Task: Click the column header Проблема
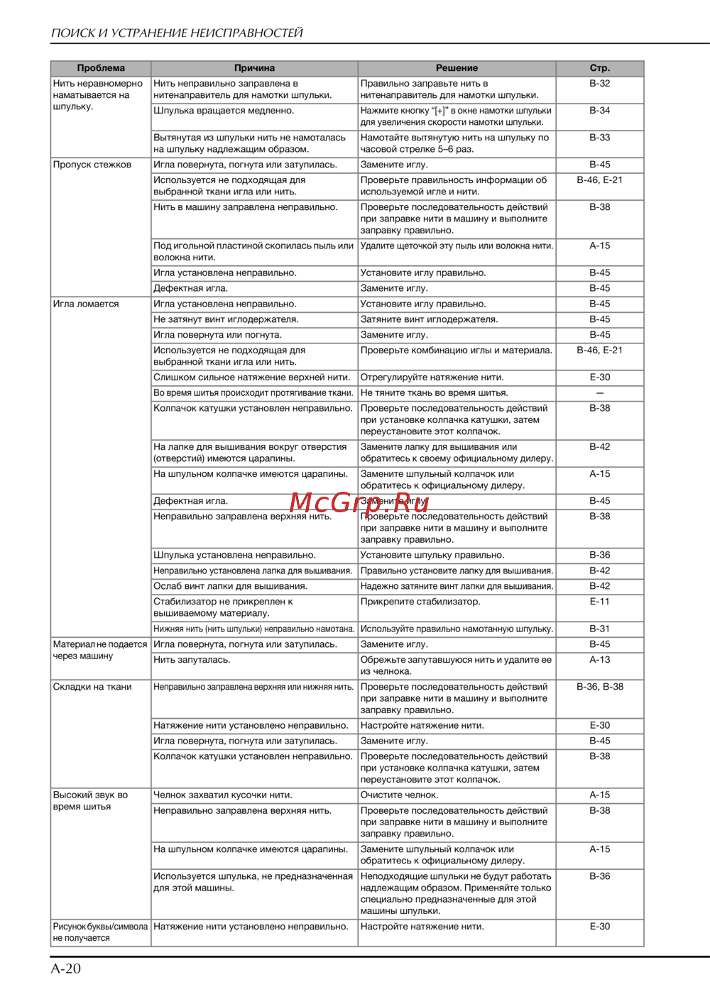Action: click(101, 68)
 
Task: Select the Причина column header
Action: click(254, 68)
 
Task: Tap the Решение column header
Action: click(457, 68)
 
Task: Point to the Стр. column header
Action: click(599, 68)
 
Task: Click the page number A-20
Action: click(66, 969)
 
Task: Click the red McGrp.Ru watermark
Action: click(359, 502)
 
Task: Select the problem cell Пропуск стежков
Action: click(92, 165)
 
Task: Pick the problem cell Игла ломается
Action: click(86, 304)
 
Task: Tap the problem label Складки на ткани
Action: click(92, 687)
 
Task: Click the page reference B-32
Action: click(599, 84)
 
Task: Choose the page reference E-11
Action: click(599, 602)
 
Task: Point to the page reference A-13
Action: click(599, 660)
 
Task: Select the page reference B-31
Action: click(599, 629)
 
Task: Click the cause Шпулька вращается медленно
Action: click(224, 111)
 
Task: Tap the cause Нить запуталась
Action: click(192, 660)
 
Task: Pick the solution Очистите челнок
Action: click(399, 795)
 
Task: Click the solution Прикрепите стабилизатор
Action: click(420, 602)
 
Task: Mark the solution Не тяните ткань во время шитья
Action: click(434, 393)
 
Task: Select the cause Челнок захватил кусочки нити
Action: click(223, 795)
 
